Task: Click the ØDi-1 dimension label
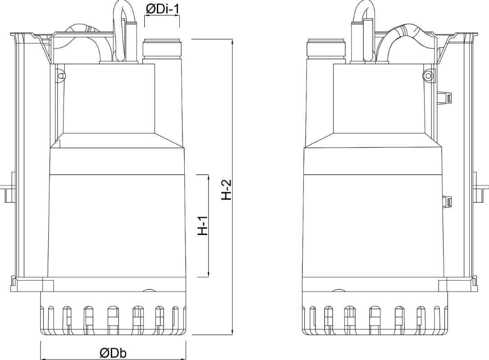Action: [x=162, y=9]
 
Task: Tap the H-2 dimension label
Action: [x=227, y=189]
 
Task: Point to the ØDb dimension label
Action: [x=113, y=353]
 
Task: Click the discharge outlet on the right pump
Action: [x=326, y=49]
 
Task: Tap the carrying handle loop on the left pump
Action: [x=124, y=31]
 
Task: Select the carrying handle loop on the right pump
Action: [x=363, y=31]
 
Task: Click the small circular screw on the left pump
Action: [x=61, y=75]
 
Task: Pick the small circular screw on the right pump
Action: [x=428, y=75]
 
